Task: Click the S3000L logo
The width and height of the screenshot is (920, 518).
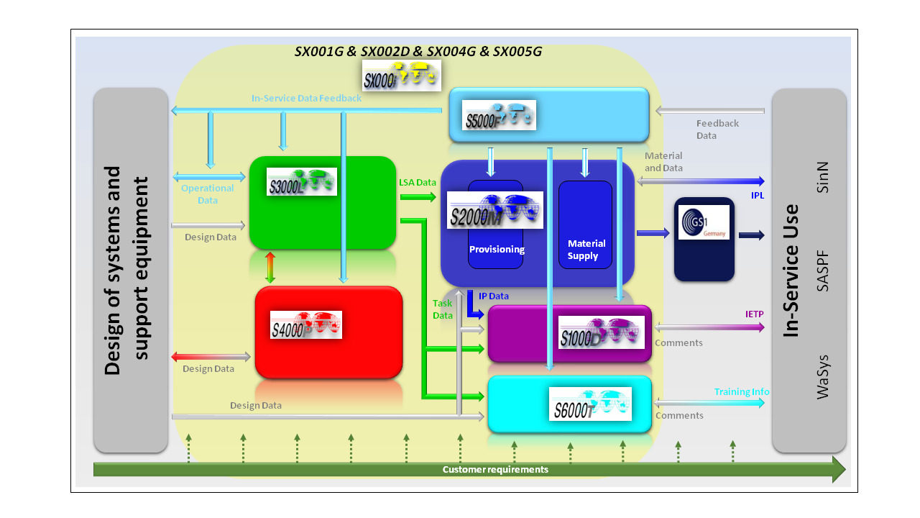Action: coord(301,181)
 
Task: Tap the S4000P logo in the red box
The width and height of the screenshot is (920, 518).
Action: coord(305,324)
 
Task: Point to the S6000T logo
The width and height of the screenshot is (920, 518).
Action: coord(590,404)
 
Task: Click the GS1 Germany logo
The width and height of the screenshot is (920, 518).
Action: coord(704,222)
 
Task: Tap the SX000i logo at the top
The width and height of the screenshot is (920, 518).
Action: coord(402,76)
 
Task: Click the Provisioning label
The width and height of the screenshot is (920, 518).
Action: coord(497,250)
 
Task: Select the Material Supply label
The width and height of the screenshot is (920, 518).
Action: coord(586,250)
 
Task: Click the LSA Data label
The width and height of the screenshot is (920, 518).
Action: coord(418,183)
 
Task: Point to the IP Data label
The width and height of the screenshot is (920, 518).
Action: coord(494,296)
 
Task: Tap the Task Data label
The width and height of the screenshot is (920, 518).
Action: coord(443,309)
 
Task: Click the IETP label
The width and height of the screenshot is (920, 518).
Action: coord(754,314)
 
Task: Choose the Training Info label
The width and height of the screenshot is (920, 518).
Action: coord(742,392)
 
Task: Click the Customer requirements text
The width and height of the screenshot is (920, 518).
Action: coord(495,470)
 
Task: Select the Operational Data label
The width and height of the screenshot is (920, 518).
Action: coord(207,194)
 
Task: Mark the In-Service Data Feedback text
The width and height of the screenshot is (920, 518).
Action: coord(306,99)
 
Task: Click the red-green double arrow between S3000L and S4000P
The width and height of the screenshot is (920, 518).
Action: coord(270,268)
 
